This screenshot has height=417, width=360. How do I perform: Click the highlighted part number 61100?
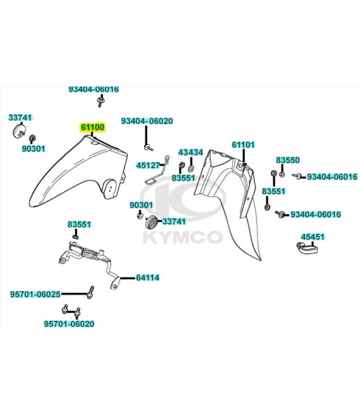[x=93, y=128]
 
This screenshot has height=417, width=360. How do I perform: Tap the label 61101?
[x=243, y=145]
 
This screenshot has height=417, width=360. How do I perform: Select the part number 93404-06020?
[x=147, y=121]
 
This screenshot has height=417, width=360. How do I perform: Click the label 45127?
[x=148, y=166]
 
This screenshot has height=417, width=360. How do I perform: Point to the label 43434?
[x=191, y=152]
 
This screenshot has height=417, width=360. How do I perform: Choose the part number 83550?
[x=287, y=160]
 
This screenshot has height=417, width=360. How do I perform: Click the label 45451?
[x=313, y=237]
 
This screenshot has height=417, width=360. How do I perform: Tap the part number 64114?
[x=148, y=277]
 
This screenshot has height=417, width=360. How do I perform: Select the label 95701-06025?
[x=35, y=294]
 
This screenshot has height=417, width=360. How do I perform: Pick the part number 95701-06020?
[x=69, y=324]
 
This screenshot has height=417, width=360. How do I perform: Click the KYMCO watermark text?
[x=183, y=238]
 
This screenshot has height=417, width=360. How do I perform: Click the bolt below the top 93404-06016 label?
[x=100, y=102]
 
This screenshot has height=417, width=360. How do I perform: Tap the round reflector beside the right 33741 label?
[x=152, y=222]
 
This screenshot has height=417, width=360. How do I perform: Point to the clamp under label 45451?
[x=307, y=248]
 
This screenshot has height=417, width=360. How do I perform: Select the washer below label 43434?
[x=191, y=168]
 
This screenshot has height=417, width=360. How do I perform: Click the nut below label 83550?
[x=282, y=174]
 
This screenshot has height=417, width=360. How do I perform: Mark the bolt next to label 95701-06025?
[x=91, y=293]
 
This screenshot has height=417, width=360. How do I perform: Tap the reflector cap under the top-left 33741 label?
[x=19, y=130]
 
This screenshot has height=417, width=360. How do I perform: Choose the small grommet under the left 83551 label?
[x=76, y=237]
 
